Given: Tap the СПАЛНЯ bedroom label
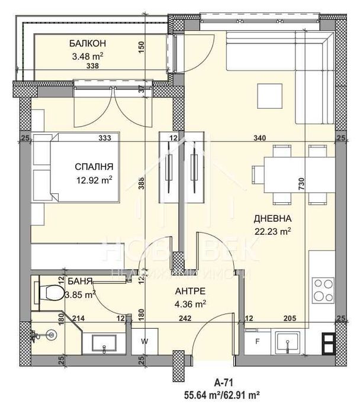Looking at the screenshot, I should (x=94, y=166).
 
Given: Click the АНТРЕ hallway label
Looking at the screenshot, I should (x=190, y=292).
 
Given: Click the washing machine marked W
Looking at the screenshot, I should (x=144, y=341).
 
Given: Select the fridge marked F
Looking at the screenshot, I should (x=258, y=341).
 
